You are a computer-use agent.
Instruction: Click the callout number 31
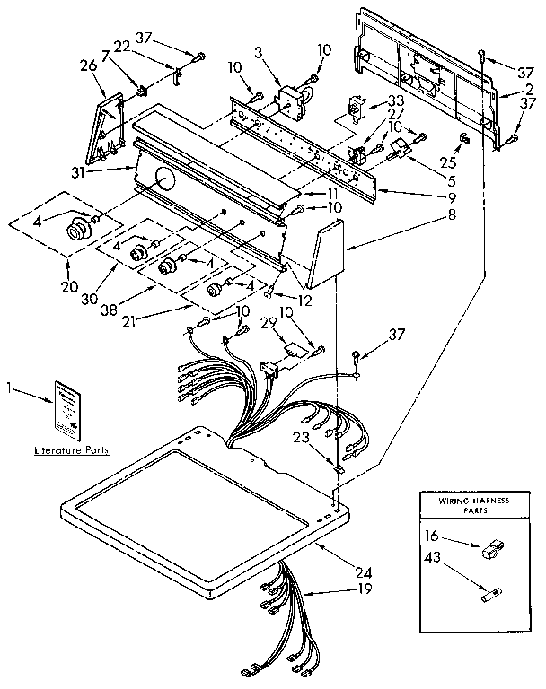click(102, 167)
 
